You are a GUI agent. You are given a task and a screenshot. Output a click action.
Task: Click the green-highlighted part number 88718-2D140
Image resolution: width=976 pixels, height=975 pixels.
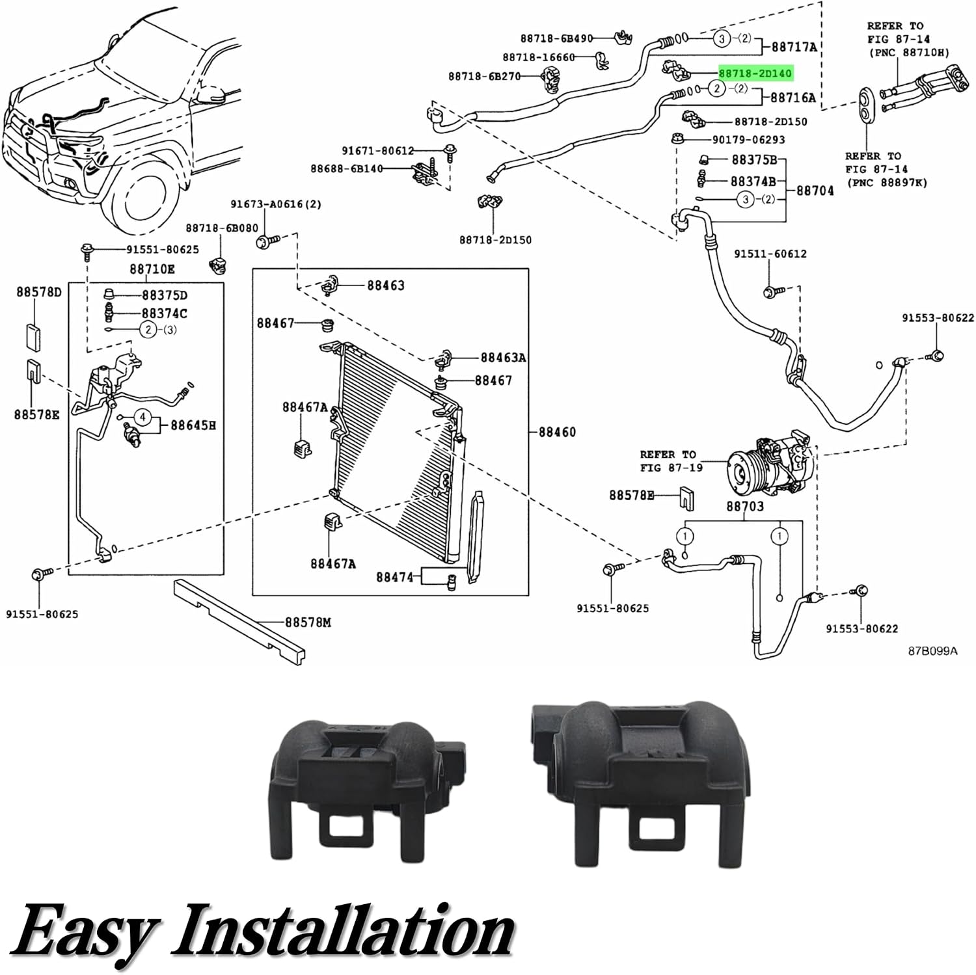click(755, 73)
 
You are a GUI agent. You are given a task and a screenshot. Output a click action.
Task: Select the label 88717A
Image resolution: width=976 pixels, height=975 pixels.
click(794, 47)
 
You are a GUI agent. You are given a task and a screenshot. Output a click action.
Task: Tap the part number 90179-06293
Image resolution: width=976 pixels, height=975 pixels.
click(748, 140)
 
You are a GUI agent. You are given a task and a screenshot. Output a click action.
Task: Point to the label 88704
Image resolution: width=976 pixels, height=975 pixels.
click(815, 191)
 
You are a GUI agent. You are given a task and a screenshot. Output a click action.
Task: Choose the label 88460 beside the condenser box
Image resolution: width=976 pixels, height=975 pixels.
click(557, 432)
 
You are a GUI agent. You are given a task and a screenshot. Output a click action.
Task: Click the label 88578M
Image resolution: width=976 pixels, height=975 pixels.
click(308, 622)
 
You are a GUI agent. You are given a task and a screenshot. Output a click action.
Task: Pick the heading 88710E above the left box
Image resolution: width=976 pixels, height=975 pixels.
click(152, 269)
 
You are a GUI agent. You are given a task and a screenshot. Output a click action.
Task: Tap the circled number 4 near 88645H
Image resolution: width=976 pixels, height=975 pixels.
click(142, 417)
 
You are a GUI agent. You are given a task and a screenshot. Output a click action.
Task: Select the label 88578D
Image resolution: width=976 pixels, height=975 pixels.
click(39, 292)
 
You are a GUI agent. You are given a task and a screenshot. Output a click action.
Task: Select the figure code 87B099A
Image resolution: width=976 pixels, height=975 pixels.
click(932, 650)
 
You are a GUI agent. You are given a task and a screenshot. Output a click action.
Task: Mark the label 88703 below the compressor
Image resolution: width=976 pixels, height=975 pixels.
click(745, 506)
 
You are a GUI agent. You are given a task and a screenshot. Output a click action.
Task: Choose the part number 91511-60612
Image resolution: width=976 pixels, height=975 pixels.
click(770, 254)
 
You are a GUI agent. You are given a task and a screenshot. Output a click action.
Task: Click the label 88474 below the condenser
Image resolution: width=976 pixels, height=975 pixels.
click(394, 577)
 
